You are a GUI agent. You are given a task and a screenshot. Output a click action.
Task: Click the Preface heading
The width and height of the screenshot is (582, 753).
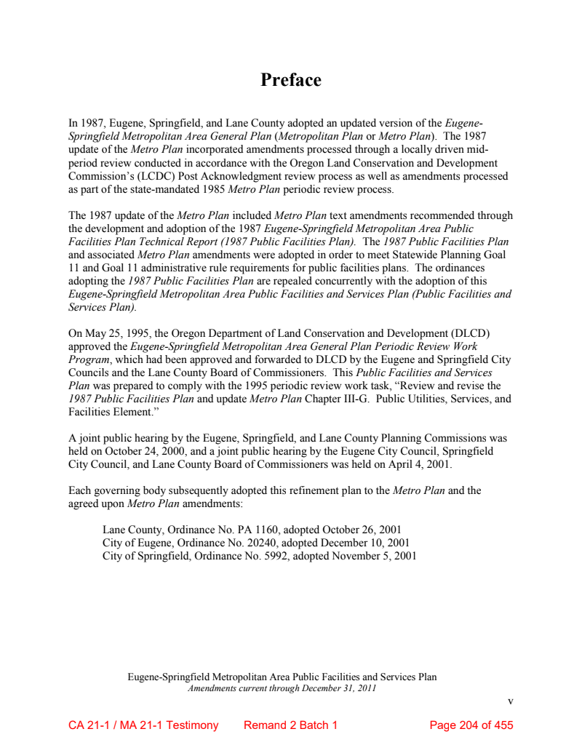click(291, 80)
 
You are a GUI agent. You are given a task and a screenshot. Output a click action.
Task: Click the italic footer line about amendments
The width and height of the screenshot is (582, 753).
click(282, 688)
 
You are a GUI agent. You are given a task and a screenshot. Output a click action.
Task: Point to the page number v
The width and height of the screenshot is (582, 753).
click(510, 701)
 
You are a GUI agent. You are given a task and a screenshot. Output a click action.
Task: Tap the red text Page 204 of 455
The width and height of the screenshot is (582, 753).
click(471, 725)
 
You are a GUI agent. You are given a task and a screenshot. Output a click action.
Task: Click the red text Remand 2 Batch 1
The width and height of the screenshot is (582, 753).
click(290, 725)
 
